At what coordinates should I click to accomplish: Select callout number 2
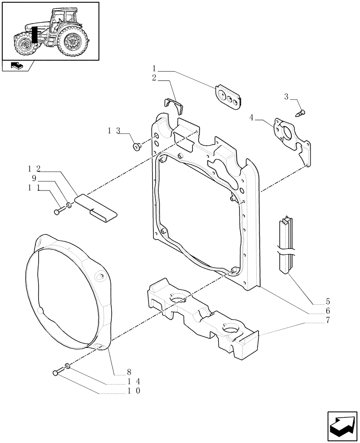[154, 78]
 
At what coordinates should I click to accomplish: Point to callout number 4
[251, 117]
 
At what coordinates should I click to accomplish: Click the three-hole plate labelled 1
[228, 97]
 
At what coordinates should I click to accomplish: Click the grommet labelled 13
[137, 146]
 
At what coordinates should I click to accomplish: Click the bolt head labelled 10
[56, 373]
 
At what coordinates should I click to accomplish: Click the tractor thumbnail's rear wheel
[73, 41]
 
